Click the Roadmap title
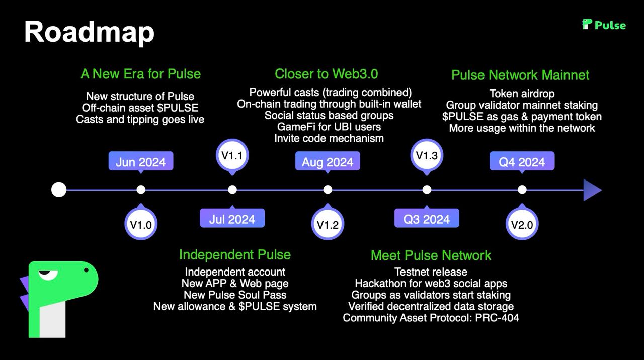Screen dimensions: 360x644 coord(89,32)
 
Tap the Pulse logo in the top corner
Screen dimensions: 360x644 coord(604,25)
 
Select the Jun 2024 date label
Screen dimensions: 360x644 coord(140,162)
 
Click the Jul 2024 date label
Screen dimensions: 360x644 coord(232,219)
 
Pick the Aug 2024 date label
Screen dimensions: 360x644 coord(328,162)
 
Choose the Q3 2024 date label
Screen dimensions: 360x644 coord(427,219)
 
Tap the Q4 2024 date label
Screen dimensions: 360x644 coord(522,162)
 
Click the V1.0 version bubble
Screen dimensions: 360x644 coord(141,225)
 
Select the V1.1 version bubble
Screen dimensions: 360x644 coord(232,155)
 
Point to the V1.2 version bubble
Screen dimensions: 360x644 coord(328,225)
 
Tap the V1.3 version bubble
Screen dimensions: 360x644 coord(427,155)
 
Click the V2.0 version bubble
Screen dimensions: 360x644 coord(522,225)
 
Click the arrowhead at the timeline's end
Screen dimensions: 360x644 coord(592,190)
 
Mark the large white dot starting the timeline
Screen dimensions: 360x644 coord(59,190)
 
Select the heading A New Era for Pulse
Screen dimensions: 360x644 coord(140,74)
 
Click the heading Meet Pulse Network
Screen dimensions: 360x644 coord(431,255)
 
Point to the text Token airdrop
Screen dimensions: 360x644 coord(522,94)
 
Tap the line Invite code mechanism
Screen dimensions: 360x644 coord(329,138)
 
